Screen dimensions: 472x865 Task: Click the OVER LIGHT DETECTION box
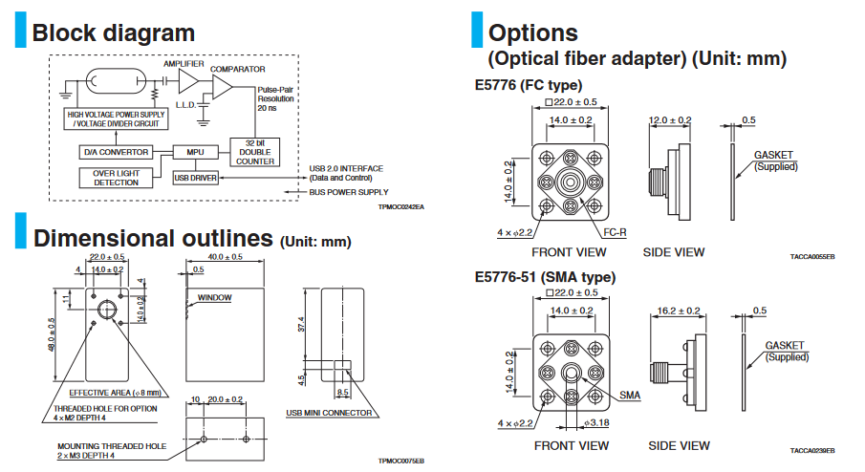116,178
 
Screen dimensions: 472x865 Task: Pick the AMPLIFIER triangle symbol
186,79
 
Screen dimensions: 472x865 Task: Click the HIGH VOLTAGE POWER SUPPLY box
115,118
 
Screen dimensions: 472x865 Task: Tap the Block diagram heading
113,33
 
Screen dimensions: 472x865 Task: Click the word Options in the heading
532,33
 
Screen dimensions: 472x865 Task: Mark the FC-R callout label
614,232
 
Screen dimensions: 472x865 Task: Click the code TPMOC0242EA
400,206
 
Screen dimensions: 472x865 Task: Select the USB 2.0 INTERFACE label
346,168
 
